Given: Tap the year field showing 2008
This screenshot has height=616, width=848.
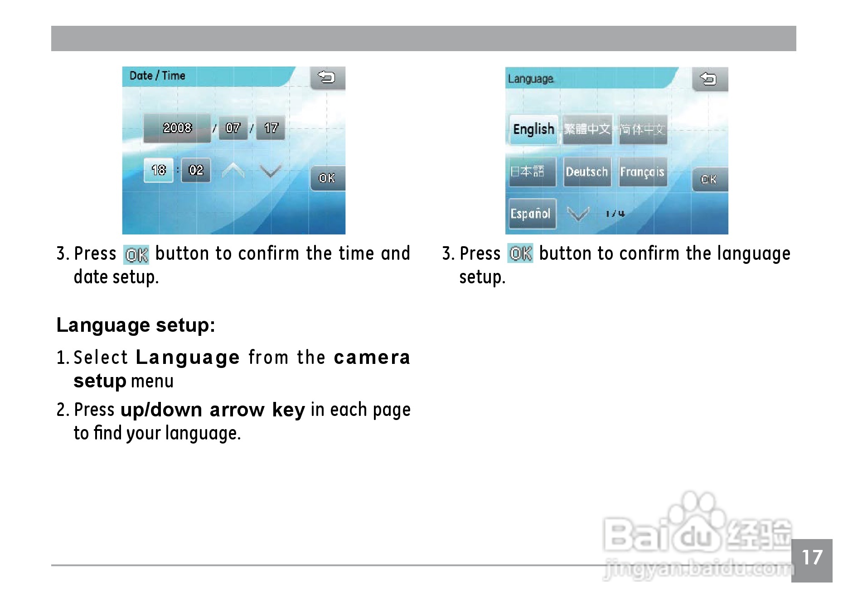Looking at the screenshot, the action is (x=177, y=128).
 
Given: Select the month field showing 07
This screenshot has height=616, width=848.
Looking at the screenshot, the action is (x=233, y=128).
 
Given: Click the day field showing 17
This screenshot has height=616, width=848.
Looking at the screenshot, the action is (x=271, y=128).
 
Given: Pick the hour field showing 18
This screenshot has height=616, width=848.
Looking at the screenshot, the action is (x=159, y=170).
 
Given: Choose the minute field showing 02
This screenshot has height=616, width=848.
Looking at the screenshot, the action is (x=196, y=170).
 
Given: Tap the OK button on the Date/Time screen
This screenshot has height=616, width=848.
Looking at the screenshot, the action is (x=327, y=178).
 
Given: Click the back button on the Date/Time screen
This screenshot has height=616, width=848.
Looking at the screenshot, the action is (x=327, y=78).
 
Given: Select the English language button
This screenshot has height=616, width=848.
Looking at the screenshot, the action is (x=533, y=129).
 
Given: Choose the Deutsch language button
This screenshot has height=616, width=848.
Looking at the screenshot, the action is (x=587, y=172).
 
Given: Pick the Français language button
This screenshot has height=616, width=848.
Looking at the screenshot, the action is (x=642, y=172).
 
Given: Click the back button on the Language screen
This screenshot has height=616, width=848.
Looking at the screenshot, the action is (x=710, y=79).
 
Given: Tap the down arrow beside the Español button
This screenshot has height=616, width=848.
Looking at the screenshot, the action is (x=578, y=214).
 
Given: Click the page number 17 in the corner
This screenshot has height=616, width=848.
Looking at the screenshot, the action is (x=812, y=558).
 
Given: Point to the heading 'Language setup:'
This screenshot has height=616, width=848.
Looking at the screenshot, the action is (x=136, y=325).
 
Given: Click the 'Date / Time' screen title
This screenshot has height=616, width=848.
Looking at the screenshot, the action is (x=157, y=76).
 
